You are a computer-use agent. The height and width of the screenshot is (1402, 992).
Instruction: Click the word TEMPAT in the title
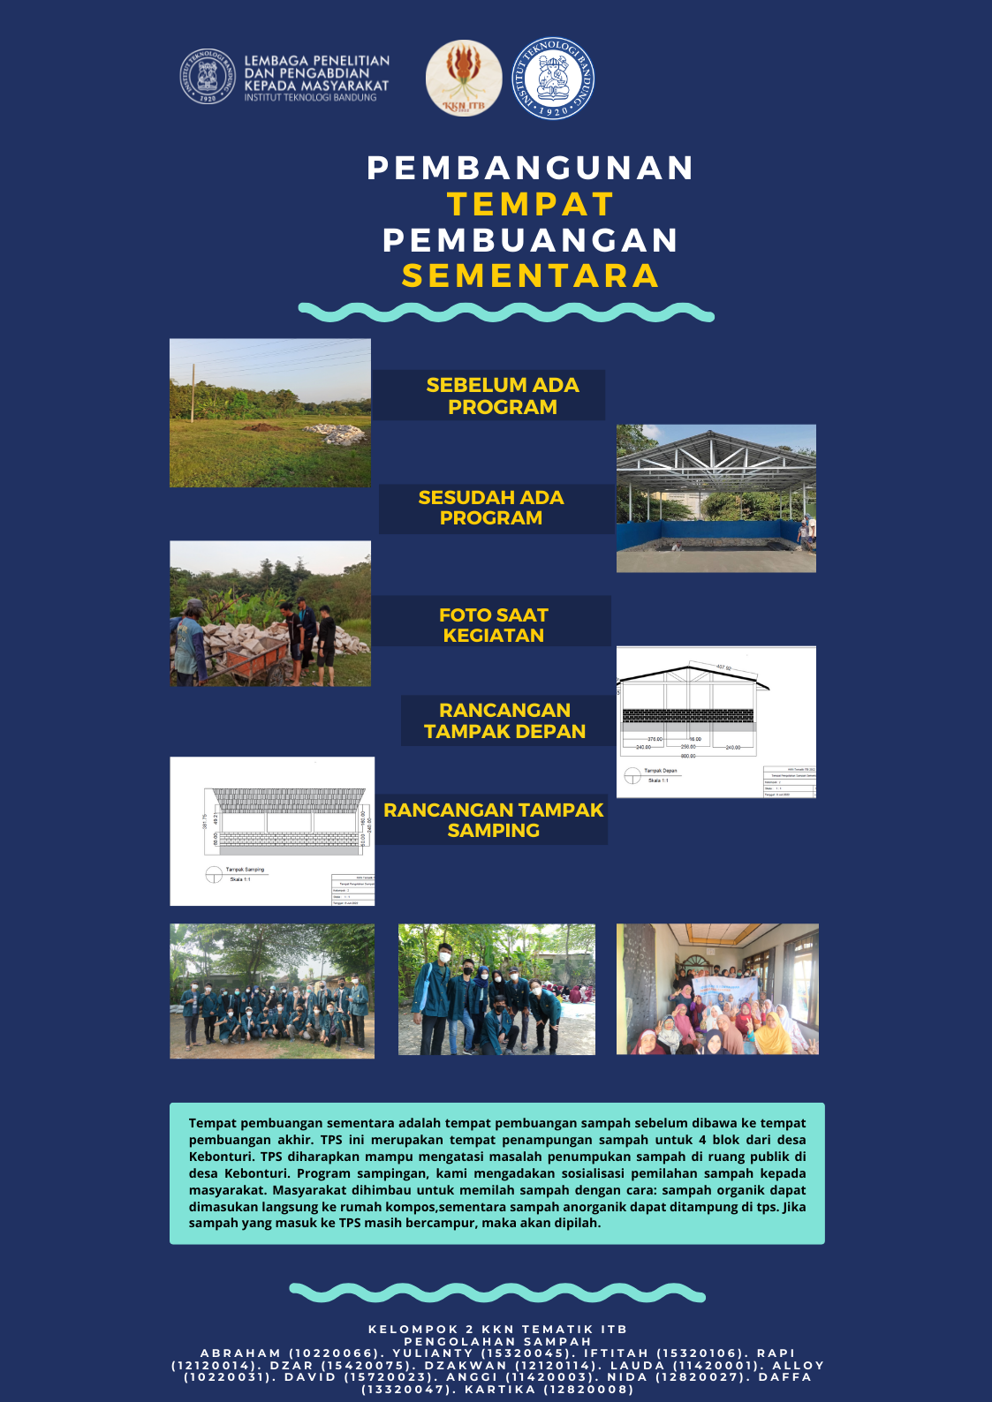(530, 204)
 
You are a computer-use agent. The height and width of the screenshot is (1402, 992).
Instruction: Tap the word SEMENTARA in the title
(530, 275)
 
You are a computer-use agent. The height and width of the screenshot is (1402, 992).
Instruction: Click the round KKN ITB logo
(464, 79)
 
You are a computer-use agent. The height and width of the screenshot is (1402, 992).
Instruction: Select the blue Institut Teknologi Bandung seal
(553, 79)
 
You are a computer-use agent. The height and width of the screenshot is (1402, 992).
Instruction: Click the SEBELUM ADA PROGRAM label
(502, 396)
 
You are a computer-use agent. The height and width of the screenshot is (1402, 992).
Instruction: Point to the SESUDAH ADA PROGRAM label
(491, 508)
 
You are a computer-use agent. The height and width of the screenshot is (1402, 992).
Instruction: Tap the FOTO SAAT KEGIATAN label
(493, 624)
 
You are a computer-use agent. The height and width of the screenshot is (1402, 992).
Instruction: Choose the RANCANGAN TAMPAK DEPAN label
(504, 720)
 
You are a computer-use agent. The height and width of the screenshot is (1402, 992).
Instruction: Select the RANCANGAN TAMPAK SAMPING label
(493, 819)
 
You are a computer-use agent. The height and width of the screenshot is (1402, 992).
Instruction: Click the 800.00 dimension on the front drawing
(687, 756)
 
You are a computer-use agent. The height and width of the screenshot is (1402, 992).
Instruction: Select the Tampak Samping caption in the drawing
(245, 870)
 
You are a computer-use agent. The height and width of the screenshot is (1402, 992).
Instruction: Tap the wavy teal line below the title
(505, 312)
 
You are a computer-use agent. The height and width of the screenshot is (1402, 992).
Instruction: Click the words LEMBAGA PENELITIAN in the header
(316, 61)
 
